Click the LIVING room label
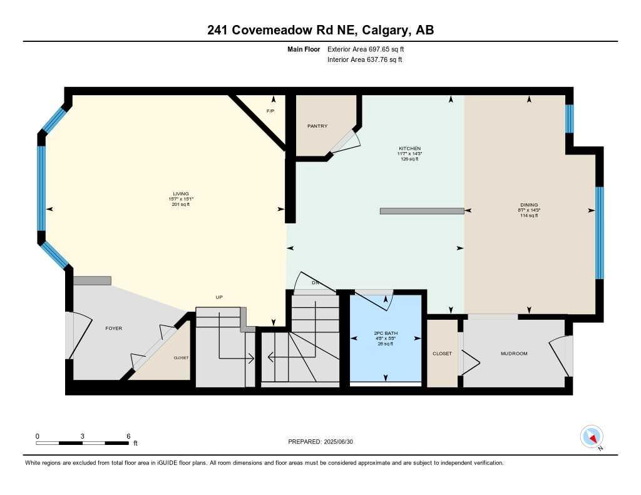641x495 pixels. [x=181, y=193]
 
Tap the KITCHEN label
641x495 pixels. [x=409, y=148]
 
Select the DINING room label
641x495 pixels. [x=529, y=204]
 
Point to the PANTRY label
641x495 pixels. [x=317, y=126]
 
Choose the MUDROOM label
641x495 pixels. [x=514, y=354]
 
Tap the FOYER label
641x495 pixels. [x=113, y=329]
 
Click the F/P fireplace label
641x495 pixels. [x=270, y=111]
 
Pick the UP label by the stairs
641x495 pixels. [x=219, y=297]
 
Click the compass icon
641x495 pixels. [x=592, y=436]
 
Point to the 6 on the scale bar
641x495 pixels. [x=128, y=436]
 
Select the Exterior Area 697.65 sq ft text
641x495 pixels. [x=370, y=49]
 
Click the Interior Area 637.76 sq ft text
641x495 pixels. [x=364, y=60]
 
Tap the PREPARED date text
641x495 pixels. [x=320, y=441]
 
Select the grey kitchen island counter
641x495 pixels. [x=421, y=211]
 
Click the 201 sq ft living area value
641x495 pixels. [x=181, y=204]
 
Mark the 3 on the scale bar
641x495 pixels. [x=83, y=436]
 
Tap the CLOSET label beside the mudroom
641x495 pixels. [x=442, y=354]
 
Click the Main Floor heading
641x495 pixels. [x=304, y=49]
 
